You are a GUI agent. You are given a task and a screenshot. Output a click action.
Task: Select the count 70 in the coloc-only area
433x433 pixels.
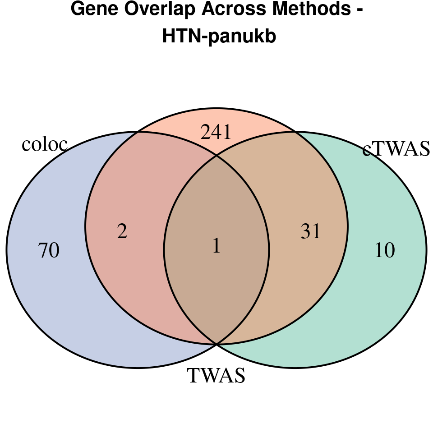(x=49, y=250)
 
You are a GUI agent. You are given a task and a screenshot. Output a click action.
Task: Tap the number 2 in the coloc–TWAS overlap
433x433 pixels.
(x=122, y=232)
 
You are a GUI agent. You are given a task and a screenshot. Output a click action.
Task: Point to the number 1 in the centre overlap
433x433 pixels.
(x=216, y=246)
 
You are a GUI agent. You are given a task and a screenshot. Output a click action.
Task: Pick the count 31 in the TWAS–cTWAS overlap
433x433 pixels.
(x=310, y=232)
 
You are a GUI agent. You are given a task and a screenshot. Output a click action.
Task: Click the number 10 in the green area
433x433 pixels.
(x=385, y=250)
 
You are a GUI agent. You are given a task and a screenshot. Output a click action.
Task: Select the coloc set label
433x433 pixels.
(x=45, y=144)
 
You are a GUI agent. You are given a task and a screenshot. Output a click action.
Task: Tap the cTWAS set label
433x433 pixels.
(x=396, y=149)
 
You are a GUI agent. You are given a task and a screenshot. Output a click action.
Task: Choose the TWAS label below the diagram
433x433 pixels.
(x=216, y=376)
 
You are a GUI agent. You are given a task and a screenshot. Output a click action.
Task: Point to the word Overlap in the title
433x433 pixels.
(x=158, y=9)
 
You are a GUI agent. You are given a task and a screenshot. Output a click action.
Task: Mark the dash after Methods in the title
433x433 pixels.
(x=359, y=11)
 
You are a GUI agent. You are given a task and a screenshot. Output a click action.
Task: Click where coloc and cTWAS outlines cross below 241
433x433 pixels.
(x=216, y=156)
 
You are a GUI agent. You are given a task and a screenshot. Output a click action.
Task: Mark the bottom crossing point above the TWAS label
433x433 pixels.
(x=216, y=344)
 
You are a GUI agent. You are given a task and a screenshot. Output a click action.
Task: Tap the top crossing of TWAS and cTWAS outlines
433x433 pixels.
(x=295, y=132)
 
